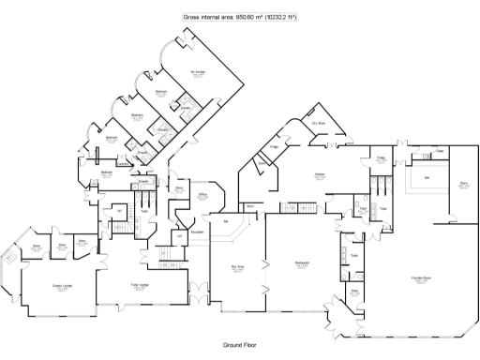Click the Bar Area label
238,266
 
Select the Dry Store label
319,123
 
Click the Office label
202,196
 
